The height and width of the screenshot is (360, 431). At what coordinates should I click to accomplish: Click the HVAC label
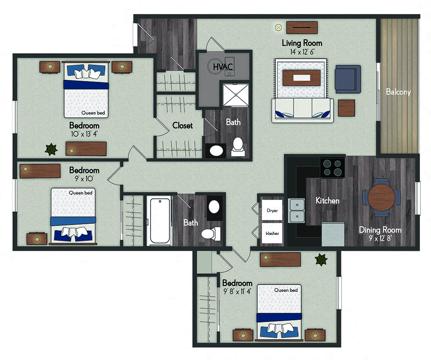223,66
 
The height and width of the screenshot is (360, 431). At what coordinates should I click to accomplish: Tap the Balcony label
398,91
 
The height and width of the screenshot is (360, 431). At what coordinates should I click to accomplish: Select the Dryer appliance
272,210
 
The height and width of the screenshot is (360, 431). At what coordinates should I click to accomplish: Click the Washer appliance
272,233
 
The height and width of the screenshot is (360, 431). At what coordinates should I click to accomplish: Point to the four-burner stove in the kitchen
332,167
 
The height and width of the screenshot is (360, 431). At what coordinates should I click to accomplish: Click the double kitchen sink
297,210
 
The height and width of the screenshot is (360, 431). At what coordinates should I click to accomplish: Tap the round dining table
381,197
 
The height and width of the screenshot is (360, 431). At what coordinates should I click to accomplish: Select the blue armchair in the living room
348,79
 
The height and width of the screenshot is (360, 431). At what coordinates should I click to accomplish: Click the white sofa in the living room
303,110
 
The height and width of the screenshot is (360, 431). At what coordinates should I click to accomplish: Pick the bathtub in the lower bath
160,221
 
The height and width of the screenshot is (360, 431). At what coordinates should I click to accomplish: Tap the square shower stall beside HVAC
236,95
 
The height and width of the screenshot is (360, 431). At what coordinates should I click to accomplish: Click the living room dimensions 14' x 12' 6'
302,52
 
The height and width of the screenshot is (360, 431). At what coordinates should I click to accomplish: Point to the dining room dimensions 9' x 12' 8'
381,238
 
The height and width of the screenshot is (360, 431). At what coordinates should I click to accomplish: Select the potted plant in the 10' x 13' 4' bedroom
51,149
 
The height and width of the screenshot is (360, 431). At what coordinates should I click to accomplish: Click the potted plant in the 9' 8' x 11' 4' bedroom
321,260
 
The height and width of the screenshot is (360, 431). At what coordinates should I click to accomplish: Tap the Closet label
182,126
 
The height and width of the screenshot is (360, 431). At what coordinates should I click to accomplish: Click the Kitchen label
328,200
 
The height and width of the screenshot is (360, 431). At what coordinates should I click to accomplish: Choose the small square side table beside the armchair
347,108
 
